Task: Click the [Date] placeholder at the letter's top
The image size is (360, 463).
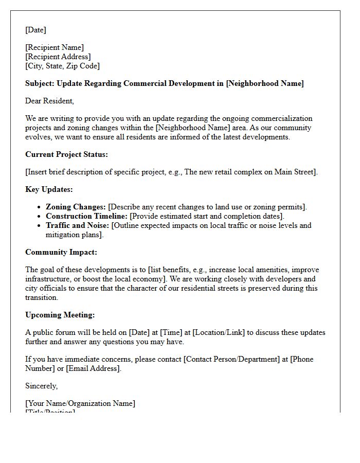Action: [x=35, y=30]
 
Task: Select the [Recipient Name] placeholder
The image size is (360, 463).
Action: [x=55, y=47]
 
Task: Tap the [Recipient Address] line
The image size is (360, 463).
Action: [x=58, y=57]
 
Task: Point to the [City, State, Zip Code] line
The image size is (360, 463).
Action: [x=62, y=66]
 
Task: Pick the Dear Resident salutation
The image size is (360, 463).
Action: [x=49, y=101]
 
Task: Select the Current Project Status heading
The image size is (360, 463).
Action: [x=66, y=154]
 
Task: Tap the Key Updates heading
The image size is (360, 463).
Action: [x=49, y=189]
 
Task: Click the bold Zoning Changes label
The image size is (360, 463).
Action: [x=76, y=207]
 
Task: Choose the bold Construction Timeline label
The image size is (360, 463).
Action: [x=86, y=216]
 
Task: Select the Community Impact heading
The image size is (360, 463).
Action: [x=61, y=252]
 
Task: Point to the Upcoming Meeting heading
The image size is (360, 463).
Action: [x=60, y=315]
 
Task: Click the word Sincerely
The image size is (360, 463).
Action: [x=41, y=386]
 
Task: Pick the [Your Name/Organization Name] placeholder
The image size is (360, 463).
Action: [x=80, y=403]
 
